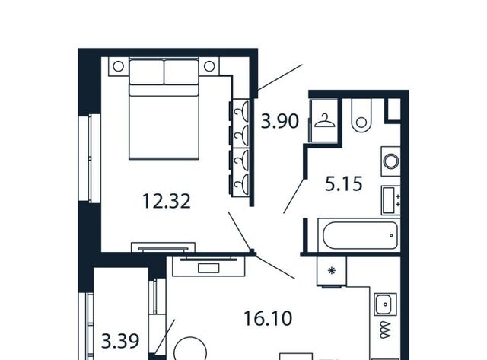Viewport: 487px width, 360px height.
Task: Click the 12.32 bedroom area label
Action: click(166, 201)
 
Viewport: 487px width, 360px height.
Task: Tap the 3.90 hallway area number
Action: click(280, 121)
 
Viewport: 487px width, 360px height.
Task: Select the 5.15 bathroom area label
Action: click(343, 183)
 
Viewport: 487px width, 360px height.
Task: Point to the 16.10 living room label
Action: click(268, 318)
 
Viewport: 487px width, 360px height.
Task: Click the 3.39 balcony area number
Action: click(120, 342)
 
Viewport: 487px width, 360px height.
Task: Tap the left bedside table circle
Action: click(119, 66)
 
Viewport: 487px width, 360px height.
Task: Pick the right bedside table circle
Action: click(209, 66)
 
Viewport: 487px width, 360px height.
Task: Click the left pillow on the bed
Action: click(146, 72)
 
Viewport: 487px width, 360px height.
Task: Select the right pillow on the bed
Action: click(181, 72)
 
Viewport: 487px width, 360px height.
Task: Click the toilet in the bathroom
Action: click(361, 116)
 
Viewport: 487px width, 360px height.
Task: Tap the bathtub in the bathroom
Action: click(360, 235)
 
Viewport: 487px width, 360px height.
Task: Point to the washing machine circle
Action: click(391, 161)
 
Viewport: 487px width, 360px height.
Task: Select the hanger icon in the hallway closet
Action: click(325, 122)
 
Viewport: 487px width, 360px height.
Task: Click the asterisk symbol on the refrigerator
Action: click(332, 271)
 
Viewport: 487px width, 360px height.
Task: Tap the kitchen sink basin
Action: click(385, 304)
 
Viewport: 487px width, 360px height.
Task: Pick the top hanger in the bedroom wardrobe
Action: click(242, 111)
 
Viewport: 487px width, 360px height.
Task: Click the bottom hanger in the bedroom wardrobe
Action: click(242, 184)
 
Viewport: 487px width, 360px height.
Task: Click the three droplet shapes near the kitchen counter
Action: click(386, 330)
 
